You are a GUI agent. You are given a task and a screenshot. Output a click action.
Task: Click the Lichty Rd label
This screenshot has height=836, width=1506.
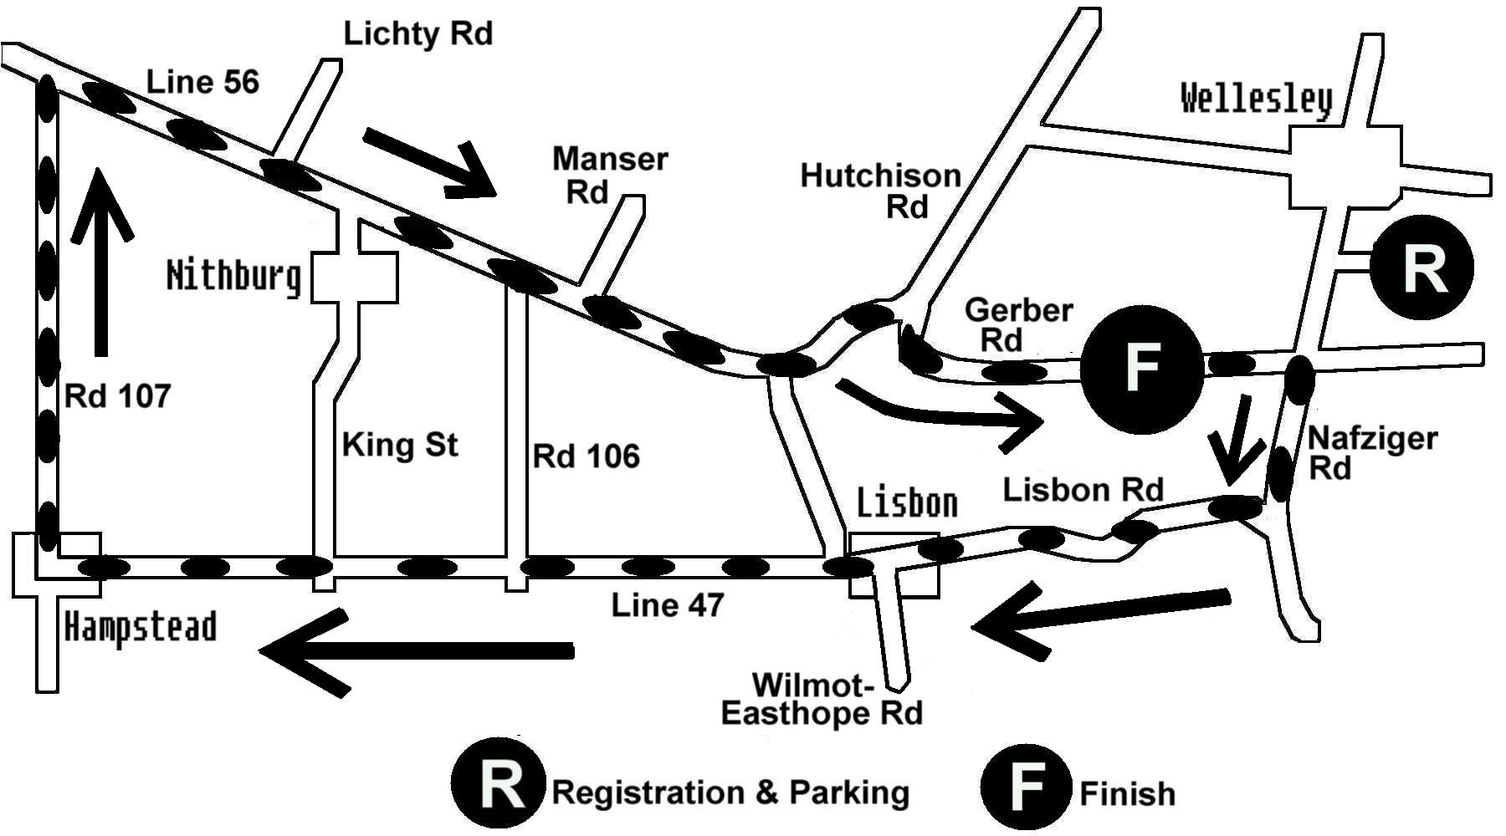click(x=418, y=34)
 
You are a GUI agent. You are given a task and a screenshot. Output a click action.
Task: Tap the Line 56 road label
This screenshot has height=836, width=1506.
click(x=202, y=82)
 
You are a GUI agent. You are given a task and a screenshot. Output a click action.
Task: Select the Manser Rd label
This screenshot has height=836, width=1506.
click(x=609, y=175)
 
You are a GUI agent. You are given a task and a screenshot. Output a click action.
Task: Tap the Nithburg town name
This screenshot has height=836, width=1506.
click(x=233, y=275)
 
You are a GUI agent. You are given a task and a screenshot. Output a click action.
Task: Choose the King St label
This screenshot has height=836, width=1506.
click(x=400, y=444)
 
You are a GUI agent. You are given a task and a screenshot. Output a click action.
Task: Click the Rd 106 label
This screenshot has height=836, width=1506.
click(x=586, y=456)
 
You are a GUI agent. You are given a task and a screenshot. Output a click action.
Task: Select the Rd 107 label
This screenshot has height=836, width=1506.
click(x=117, y=396)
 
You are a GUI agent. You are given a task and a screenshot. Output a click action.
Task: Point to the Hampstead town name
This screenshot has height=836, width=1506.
click(x=141, y=627)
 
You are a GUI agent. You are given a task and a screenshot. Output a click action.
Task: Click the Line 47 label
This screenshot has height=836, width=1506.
click(x=667, y=604)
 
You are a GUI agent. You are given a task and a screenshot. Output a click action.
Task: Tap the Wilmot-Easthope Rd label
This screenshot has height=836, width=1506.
click(x=822, y=700)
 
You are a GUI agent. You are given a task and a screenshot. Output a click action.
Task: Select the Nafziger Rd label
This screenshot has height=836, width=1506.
click(x=1372, y=452)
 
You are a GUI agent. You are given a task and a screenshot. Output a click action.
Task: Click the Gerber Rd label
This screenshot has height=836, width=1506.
click(x=1017, y=324)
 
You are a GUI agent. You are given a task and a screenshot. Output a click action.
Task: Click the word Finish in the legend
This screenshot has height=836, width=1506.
click(x=1127, y=793)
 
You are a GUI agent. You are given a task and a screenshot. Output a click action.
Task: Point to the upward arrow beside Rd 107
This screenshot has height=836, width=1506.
click(x=101, y=259)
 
